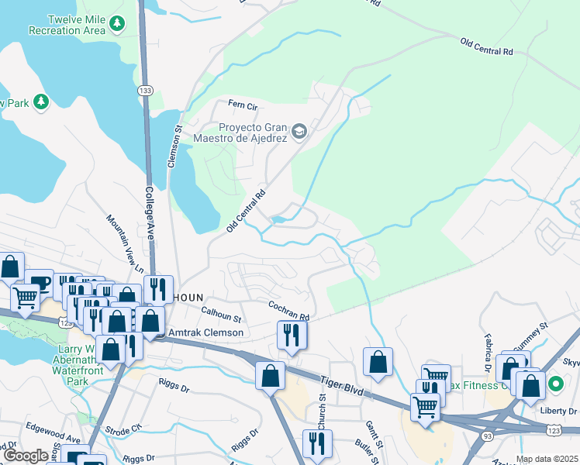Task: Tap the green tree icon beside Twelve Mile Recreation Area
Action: (117, 24)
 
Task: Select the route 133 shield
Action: (144, 91)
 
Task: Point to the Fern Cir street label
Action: (241, 104)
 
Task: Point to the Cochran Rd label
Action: (289, 312)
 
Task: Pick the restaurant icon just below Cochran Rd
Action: (292, 336)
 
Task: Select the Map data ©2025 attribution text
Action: (547, 459)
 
